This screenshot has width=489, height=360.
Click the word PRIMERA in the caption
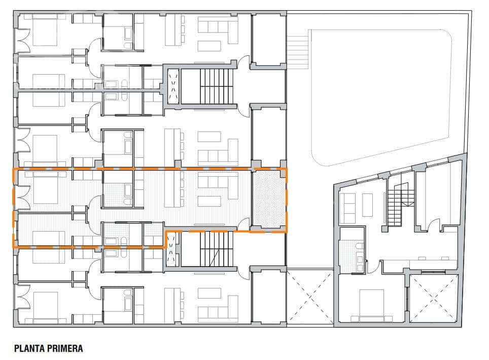(x=64, y=349)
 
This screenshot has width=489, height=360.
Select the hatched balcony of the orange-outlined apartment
(x=269, y=199)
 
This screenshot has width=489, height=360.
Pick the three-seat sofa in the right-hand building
(x=347, y=209)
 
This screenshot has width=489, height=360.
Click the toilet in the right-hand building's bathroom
(x=360, y=247)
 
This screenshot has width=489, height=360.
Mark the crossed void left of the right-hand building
(x=310, y=297)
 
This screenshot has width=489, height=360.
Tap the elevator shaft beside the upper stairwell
(x=173, y=86)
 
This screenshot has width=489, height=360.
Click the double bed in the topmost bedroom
(x=46, y=30)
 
